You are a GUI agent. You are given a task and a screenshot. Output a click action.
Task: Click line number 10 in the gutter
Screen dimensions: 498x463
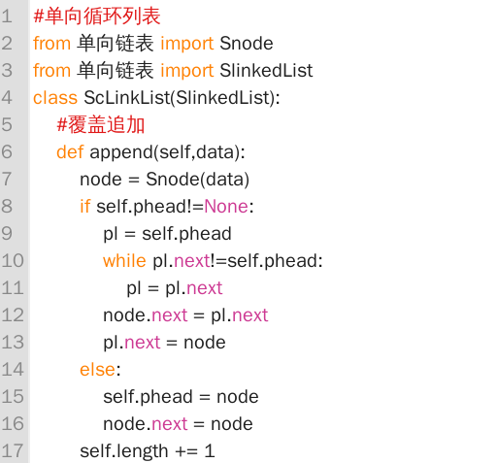pyautogui.click(x=13, y=260)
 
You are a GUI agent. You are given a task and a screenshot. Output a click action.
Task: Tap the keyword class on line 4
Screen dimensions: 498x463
pyautogui.click(x=55, y=98)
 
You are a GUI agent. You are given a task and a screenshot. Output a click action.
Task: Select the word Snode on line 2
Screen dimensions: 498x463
pyautogui.click(x=247, y=44)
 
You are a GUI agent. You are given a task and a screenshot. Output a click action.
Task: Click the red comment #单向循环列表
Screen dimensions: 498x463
pyautogui.click(x=97, y=17)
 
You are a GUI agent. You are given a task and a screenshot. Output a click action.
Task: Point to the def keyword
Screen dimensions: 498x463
pyautogui.click(x=70, y=152)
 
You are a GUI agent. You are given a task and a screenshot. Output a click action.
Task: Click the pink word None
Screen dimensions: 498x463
pyautogui.click(x=226, y=207)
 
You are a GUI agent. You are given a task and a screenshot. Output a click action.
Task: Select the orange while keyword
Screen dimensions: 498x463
pyautogui.click(x=124, y=261)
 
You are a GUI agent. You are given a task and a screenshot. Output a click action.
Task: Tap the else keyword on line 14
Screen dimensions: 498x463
pyautogui.click(x=97, y=370)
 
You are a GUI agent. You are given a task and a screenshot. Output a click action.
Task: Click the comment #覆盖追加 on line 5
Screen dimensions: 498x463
pyautogui.click(x=101, y=125)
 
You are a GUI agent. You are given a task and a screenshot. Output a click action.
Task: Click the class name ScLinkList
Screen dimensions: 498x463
pyautogui.click(x=127, y=98)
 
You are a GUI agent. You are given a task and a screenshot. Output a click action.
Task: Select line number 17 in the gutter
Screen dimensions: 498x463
pyautogui.click(x=13, y=450)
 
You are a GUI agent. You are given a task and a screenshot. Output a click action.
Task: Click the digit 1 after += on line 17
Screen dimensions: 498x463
pyautogui.click(x=210, y=450)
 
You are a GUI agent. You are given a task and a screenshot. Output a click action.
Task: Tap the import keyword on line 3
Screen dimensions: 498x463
pyautogui.click(x=187, y=71)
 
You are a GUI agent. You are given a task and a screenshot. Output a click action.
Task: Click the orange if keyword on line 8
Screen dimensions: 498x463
pyautogui.click(x=85, y=207)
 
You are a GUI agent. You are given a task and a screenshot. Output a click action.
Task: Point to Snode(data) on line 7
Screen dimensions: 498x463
pyautogui.click(x=197, y=180)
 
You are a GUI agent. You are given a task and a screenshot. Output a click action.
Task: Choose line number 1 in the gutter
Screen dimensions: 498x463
pyautogui.click(x=7, y=17)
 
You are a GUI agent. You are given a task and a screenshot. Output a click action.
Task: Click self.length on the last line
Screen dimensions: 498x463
pyautogui.click(x=124, y=451)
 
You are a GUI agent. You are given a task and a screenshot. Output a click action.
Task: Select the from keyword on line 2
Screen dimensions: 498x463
pyautogui.click(x=51, y=44)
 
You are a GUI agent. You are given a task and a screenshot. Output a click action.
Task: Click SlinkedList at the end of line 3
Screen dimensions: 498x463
pyautogui.click(x=266, y=71)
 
